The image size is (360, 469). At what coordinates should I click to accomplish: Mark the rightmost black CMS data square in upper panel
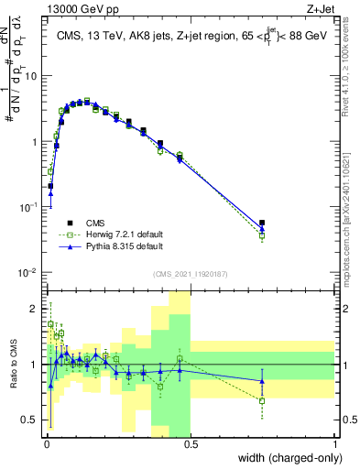pos(262,223)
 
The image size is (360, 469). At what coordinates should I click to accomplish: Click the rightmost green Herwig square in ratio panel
pos(262,400)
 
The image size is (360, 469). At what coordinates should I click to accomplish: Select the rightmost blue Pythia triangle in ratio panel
pos(262,380)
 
